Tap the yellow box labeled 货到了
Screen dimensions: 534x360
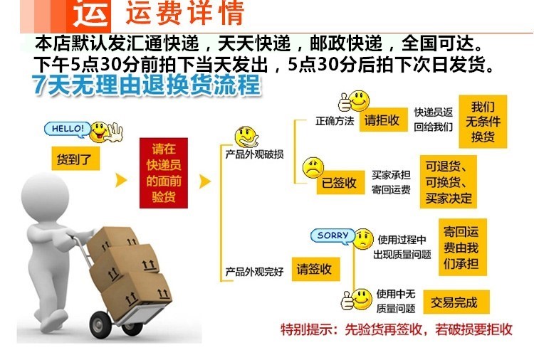[75, 159]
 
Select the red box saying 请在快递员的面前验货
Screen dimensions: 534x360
[164, 173]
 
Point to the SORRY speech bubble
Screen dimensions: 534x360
[333, 235]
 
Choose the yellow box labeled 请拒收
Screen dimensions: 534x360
[382, 120]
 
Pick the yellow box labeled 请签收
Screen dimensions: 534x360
[315, 270]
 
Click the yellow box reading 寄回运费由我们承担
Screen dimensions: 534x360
[461, 247]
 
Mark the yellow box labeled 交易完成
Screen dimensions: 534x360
[454, 302]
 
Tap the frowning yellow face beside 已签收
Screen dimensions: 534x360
[312, 169]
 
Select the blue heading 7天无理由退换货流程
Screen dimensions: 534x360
[146, 86]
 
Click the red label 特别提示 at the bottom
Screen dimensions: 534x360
[309, 329]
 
